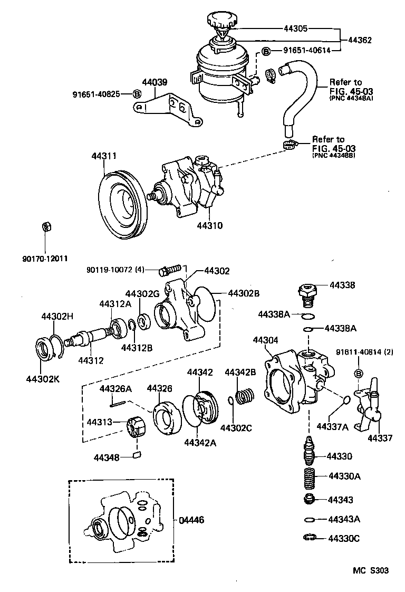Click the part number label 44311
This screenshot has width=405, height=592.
[x=104, y=156]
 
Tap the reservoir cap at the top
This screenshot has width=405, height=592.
[x=222, y=23]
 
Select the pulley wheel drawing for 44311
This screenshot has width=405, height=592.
[x=124, y=203]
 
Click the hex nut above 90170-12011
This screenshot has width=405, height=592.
[x=45, y=227]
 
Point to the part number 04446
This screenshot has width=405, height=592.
[x=190, y=520]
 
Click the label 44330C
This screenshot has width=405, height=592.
[x=344, y=538]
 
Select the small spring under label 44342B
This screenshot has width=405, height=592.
[x=245, y=397]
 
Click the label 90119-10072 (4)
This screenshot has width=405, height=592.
[x=115, y=270]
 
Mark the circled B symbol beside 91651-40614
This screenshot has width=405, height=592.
[x=267, y=51]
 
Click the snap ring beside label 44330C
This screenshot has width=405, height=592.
[x=311, y=538]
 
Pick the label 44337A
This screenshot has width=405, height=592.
[x=332, y=426]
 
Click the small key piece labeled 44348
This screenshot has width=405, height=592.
[x=136, y=455]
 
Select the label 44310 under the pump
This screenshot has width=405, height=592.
[x=209, y=225]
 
